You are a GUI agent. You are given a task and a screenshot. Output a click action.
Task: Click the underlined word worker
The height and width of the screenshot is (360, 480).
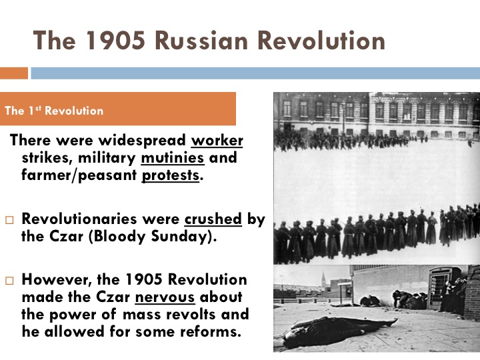click(x=217, y=141)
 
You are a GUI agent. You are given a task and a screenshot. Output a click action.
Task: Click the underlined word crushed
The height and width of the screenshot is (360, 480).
click(x=213, y=218)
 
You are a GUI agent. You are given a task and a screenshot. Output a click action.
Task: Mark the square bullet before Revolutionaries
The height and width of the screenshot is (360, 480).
click(x=9, y=219)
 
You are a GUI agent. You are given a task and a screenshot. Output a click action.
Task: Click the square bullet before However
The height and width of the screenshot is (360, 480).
click(x=9, y=280)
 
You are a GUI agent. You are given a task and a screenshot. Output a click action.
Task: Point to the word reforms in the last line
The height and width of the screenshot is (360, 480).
click(x=209, y=331)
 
